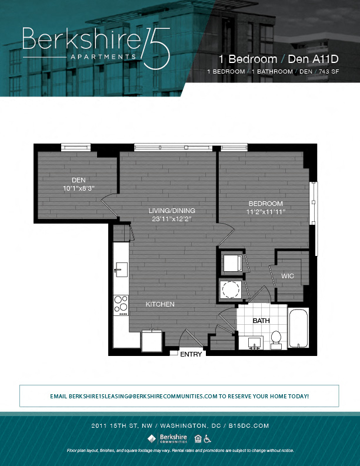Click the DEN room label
79,180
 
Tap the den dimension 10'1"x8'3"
79,188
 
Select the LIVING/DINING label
171,211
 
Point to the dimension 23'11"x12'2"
171,219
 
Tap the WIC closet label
288,275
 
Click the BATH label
261,321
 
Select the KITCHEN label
160,304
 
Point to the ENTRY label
191,354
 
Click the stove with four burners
121,304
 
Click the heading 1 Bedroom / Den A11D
278,59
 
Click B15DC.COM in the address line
249,425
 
